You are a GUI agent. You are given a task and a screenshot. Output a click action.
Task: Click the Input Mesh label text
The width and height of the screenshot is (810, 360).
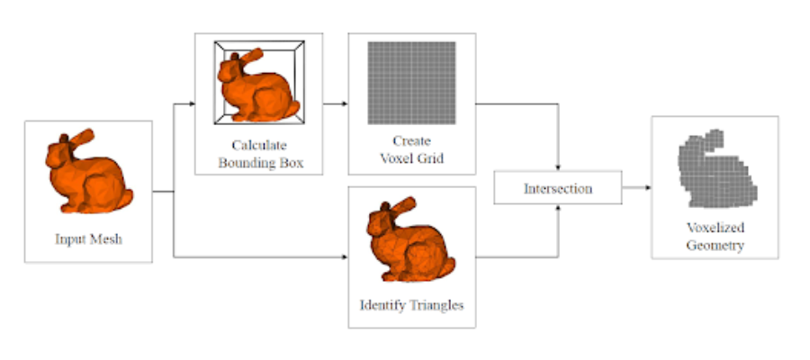[88, 239]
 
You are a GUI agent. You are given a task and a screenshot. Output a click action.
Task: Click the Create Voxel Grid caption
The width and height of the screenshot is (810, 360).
[412, 150]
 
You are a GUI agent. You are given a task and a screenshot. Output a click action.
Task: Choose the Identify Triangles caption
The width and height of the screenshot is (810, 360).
[412, 305]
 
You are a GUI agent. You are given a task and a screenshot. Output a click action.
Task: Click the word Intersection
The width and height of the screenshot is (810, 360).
[558, 189]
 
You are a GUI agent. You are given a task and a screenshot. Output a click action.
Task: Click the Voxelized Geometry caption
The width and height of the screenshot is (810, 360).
[715, 237]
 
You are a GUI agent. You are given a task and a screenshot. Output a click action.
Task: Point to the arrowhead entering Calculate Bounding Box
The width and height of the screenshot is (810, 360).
[193, 103]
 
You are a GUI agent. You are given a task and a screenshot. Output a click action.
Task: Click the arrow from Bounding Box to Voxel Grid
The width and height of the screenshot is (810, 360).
[335, 103]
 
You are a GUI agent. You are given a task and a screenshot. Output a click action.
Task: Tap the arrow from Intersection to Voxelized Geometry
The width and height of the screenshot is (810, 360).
[635, 188]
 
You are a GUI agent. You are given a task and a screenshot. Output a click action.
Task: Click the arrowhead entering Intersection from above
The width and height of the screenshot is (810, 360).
[559, 171]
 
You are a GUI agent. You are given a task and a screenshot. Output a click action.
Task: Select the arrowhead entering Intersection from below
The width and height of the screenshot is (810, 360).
[559, 207]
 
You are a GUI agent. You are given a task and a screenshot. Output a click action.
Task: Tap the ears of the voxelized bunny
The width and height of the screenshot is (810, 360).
[711, 137]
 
